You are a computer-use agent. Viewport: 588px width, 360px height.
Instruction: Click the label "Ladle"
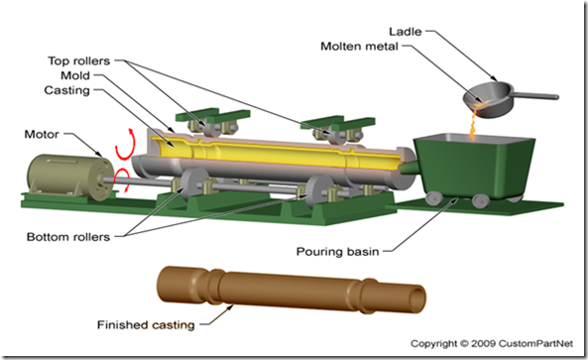(405, 32)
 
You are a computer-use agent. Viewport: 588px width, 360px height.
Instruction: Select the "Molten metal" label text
(359, 47)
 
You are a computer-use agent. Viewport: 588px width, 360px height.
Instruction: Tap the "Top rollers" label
(78, 60)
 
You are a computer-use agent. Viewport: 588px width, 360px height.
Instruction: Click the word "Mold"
(75, 75)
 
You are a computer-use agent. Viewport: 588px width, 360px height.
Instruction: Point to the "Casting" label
(67, 90)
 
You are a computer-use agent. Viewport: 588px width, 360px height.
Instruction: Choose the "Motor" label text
(42, 134)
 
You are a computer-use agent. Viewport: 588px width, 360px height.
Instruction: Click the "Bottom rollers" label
(68, 237)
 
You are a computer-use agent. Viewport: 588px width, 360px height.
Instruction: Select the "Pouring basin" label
(337, 251)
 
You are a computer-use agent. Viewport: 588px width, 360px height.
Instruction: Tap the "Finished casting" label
(146, 324)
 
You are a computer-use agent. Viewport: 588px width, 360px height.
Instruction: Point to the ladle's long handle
(535, 95)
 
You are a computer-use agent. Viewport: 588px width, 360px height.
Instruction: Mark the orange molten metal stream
(473, 123)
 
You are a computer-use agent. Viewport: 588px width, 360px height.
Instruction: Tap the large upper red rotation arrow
(125, 146)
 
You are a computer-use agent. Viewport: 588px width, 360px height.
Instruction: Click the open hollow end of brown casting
(417, 299)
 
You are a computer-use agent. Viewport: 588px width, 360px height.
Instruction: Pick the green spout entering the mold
(409, 168)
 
